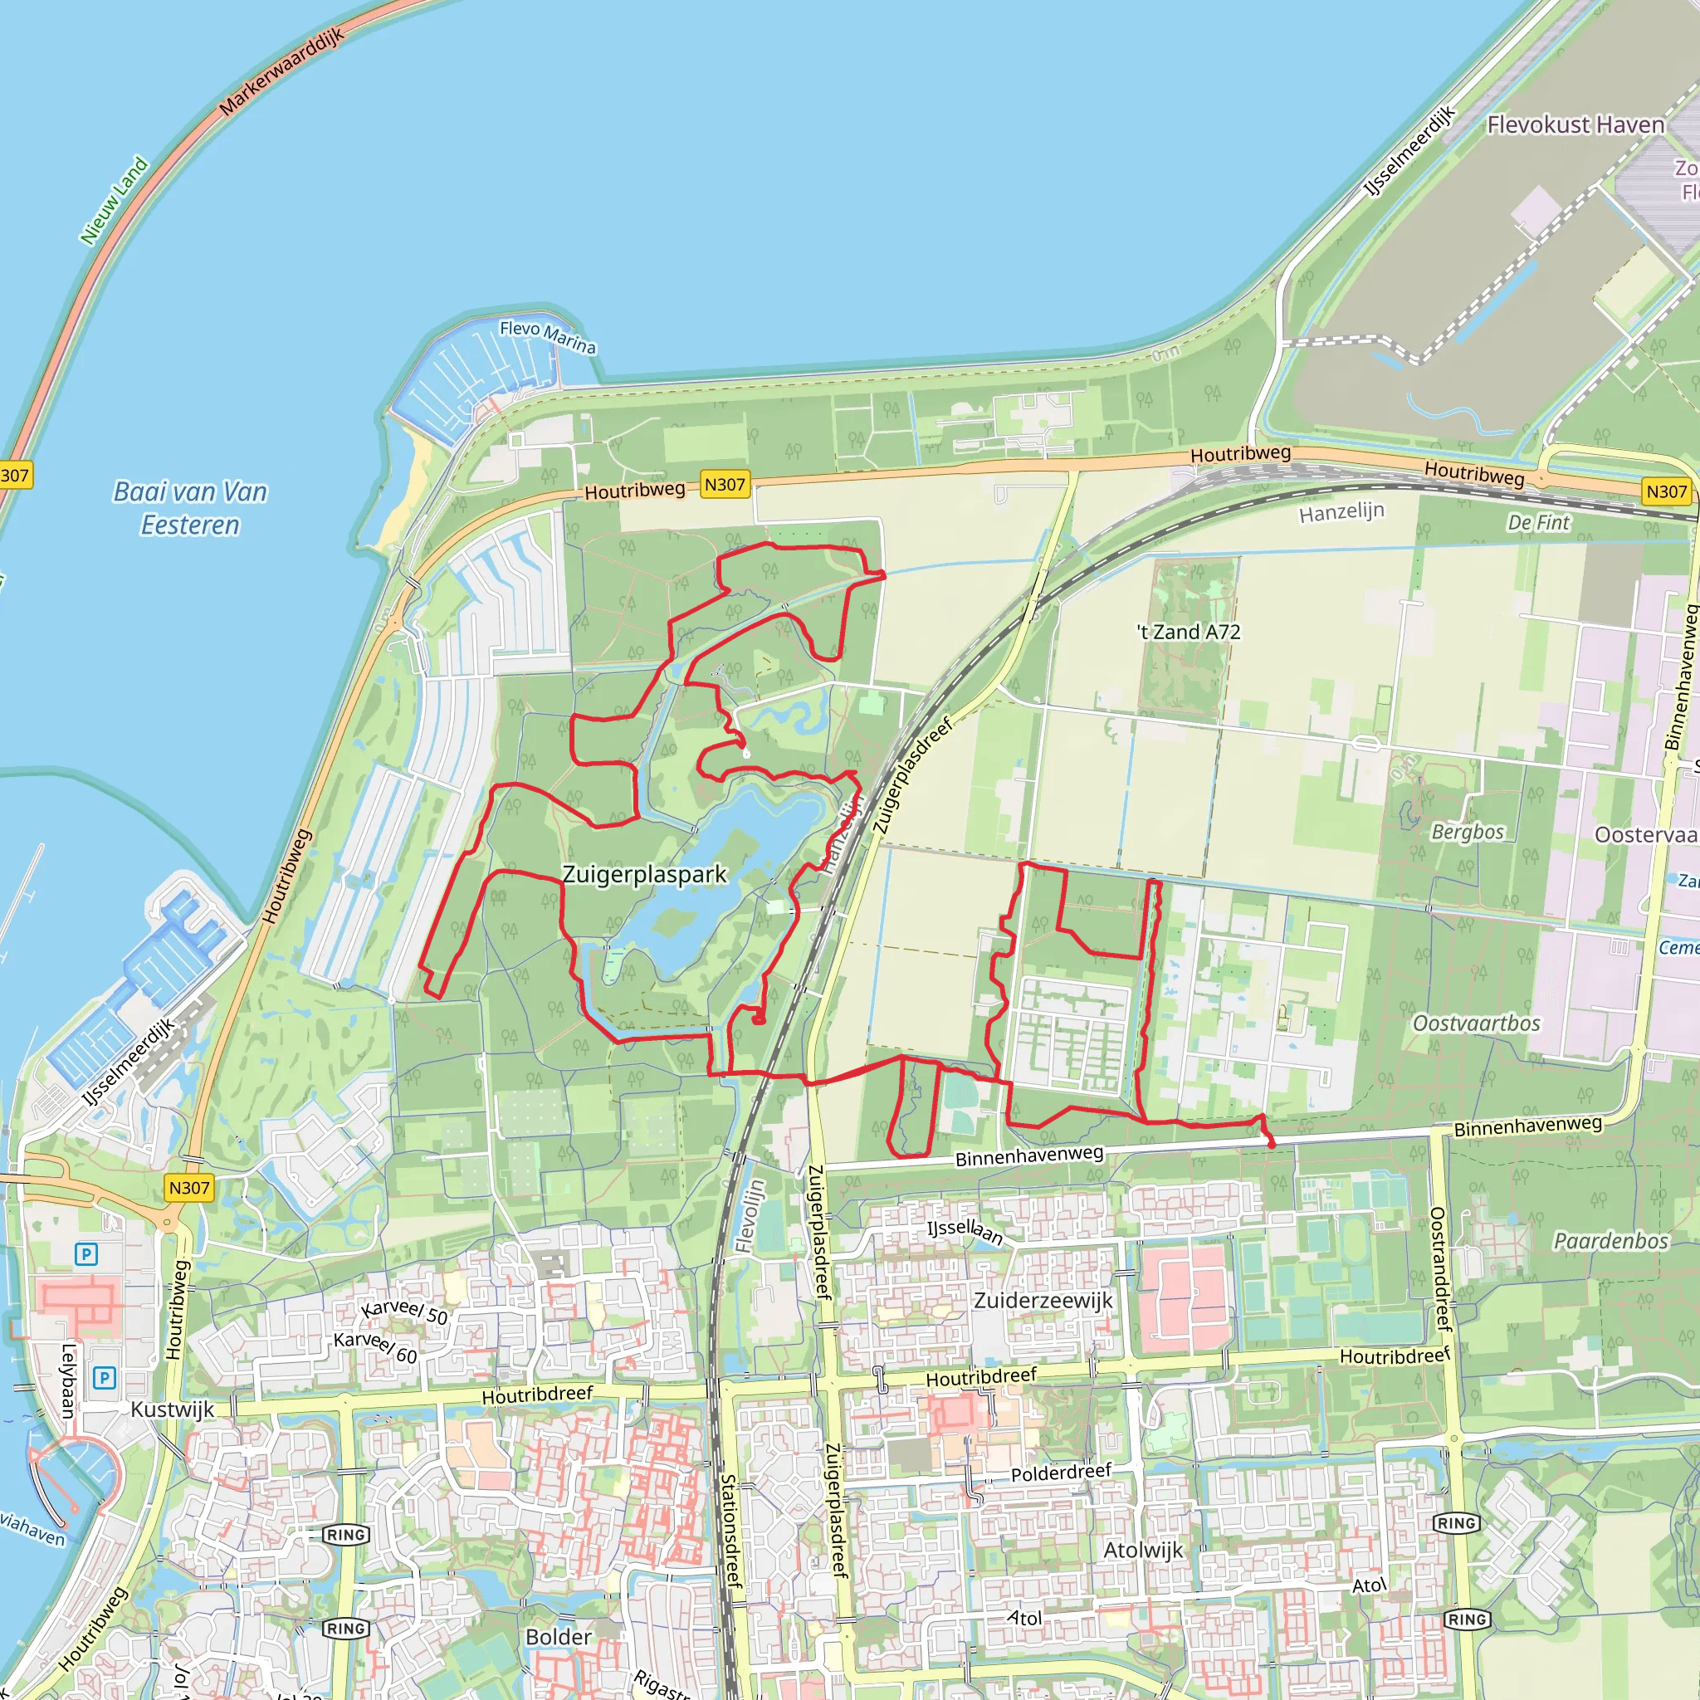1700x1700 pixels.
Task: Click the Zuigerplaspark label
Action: [644, 875]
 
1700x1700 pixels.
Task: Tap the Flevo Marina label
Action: [547, 336]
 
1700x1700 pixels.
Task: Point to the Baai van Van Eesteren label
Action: [190, 508]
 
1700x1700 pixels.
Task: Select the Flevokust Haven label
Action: [1575, 125]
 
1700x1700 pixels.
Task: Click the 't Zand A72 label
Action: [1188, 632]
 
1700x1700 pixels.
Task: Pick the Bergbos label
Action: [1468, 832]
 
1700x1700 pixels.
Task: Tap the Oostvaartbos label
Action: [1477, 1023]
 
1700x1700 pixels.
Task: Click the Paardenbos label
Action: [1610, 1241]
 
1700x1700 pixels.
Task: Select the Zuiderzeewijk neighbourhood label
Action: [1043, 1301]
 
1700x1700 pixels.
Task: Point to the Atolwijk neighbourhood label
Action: [1143, 1550]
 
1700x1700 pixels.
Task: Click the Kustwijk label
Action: [173, 1409]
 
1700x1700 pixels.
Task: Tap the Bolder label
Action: [558, 1637]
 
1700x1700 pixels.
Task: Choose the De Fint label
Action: [1538, 523]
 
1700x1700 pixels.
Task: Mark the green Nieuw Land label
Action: [115, 201]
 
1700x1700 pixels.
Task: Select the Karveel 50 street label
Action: [404, 1311]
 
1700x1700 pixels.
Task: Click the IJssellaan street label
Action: [965, 1231]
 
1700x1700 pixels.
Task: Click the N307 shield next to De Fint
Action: [1666, 491]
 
